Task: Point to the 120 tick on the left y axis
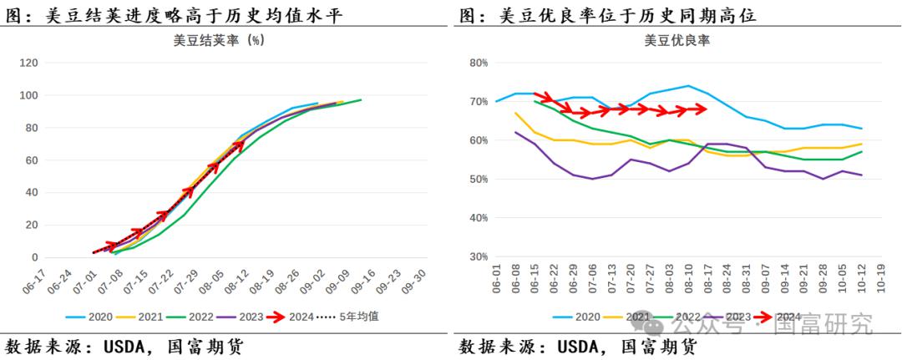pos(29,63)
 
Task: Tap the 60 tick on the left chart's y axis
pos(33,160)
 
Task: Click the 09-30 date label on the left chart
pos(414,282)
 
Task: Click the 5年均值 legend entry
pos(359,317)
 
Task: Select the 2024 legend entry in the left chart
pos(302,317)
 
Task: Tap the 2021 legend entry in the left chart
pos(151,317)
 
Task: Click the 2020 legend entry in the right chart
pos(588,317)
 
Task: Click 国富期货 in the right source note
pos(658,347)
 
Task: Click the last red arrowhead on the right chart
pos(702,109)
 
